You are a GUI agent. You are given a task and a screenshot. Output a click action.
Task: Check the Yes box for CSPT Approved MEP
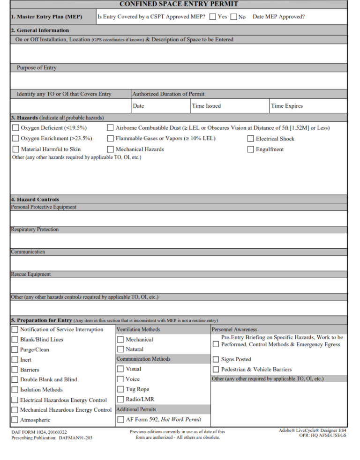[213, 17]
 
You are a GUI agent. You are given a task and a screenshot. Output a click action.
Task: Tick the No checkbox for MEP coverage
[233, 17]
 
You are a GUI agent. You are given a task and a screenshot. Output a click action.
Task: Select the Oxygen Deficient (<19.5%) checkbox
[15, 127]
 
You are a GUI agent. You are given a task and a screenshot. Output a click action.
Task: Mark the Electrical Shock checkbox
[250, 139]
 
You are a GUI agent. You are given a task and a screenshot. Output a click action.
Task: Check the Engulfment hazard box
[250, 149]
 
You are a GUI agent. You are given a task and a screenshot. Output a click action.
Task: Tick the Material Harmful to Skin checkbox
[15, 149]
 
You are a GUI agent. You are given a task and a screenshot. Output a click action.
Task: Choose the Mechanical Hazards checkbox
[110, 149]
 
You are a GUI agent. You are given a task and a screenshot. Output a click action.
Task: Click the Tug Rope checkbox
[120, 389]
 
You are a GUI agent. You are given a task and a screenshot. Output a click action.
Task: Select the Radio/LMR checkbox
[120, 400]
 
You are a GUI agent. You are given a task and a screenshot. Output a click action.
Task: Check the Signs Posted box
[216, 359]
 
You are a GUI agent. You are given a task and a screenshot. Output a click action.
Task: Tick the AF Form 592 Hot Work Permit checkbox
[120, 420]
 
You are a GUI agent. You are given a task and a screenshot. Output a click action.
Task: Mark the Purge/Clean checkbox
[15, 349]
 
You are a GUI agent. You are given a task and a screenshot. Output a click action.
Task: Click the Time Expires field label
[286, 106]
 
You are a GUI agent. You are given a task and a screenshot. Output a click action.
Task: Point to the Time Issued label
[206, 106]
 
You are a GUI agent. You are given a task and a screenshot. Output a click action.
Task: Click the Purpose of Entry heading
[37, 68]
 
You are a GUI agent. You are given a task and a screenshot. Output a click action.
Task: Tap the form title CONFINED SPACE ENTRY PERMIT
[180, 4]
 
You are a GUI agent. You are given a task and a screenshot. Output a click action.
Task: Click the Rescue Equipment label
[31, 275]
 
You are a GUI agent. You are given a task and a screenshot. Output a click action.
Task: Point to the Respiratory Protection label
[35, 230]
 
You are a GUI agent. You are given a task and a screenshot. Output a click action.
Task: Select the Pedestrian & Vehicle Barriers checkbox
[216, 370]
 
